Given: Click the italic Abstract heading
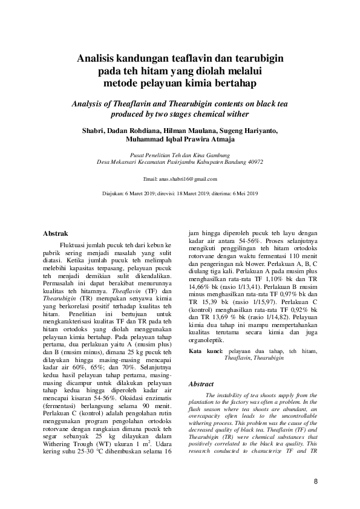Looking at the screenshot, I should pyautogui.click(x=201, y=384).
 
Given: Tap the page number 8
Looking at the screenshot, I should pyautogui.click(x=315, y=481).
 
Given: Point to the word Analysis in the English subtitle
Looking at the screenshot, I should pyautogui.click(x=91, y=103).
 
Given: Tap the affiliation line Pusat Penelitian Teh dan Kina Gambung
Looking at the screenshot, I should pyautogui.click(x=180, y=155).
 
